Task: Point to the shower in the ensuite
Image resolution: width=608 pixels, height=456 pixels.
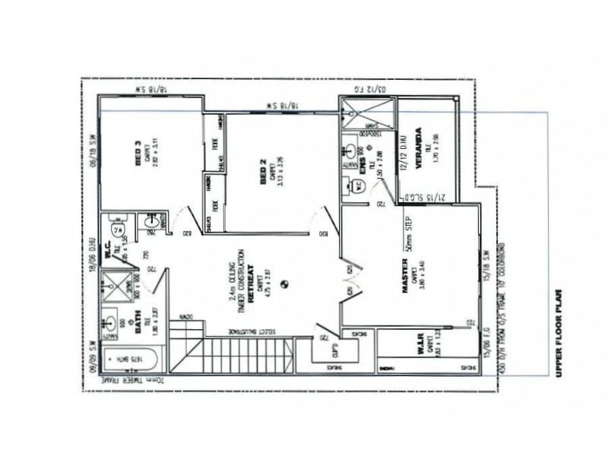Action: [368, 113]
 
